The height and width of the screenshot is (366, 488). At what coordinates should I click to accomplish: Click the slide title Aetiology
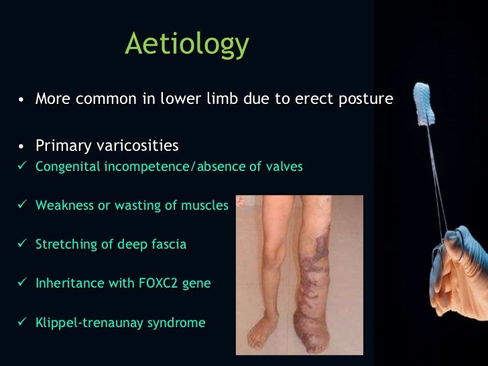187,45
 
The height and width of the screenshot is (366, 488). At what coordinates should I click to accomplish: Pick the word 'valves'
284,166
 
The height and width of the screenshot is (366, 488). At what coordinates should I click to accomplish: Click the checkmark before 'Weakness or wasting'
21,205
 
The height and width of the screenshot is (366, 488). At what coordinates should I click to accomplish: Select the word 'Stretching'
65,245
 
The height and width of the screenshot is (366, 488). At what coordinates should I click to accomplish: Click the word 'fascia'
168,244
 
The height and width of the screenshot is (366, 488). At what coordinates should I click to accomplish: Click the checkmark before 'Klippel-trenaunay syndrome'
21,322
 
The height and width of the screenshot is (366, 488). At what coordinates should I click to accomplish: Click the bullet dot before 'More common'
22,101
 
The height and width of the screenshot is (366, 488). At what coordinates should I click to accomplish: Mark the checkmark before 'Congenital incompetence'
21,167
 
